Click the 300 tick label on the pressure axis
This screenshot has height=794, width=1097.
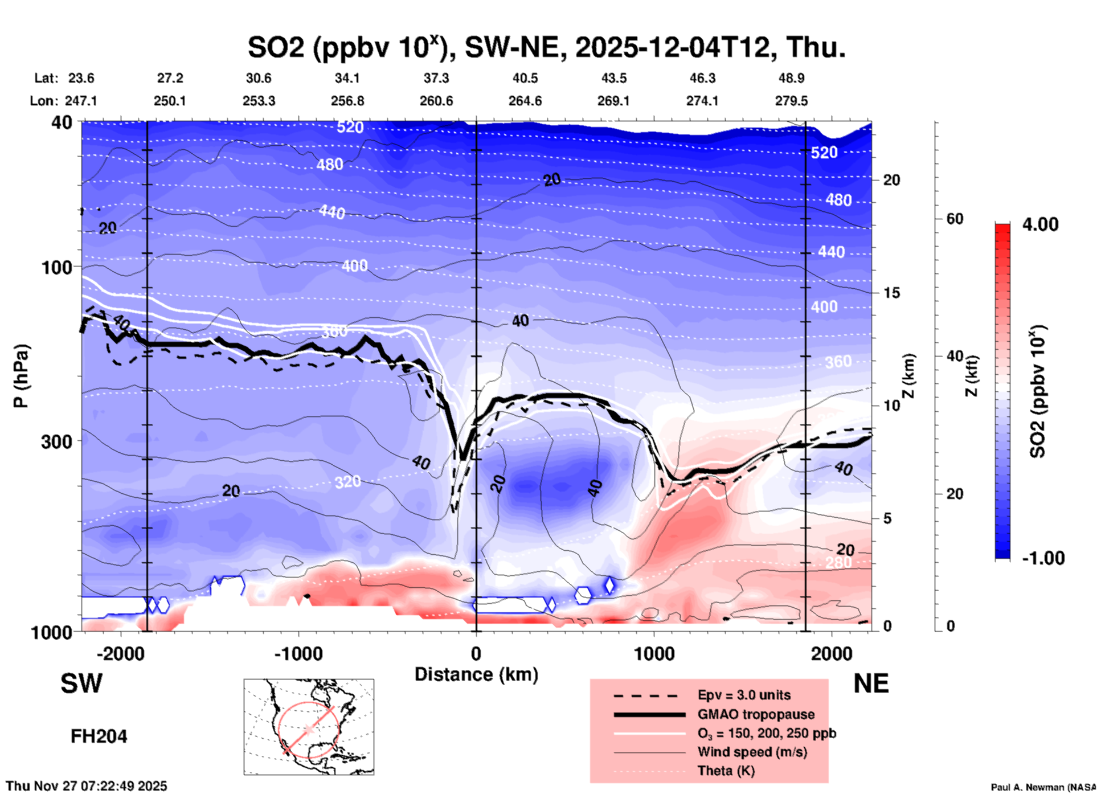(56, 441)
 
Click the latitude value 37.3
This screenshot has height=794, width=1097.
(436, 78)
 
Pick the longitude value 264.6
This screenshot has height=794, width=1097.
(525, 101)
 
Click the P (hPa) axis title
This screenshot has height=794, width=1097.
(21, 376)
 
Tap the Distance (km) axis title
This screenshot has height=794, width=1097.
(476, 674)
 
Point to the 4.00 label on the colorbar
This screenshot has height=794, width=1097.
(1040, 224)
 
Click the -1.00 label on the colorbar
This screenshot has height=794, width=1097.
(1043, 558)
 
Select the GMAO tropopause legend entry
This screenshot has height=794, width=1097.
(756, 714)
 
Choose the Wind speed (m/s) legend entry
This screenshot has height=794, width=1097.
(752, 752)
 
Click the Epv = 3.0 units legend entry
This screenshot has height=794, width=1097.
(744, 695)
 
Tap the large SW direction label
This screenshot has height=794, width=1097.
(81, 684)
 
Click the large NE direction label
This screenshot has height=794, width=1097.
(871, 684)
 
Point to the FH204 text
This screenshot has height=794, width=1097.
(99, 736)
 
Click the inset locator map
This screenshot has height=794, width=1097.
(309, 727)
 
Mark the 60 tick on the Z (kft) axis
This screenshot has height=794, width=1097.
(955, 219)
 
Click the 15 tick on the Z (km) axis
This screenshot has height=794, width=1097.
(891, 293)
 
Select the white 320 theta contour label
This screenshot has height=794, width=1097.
(347, 482)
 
